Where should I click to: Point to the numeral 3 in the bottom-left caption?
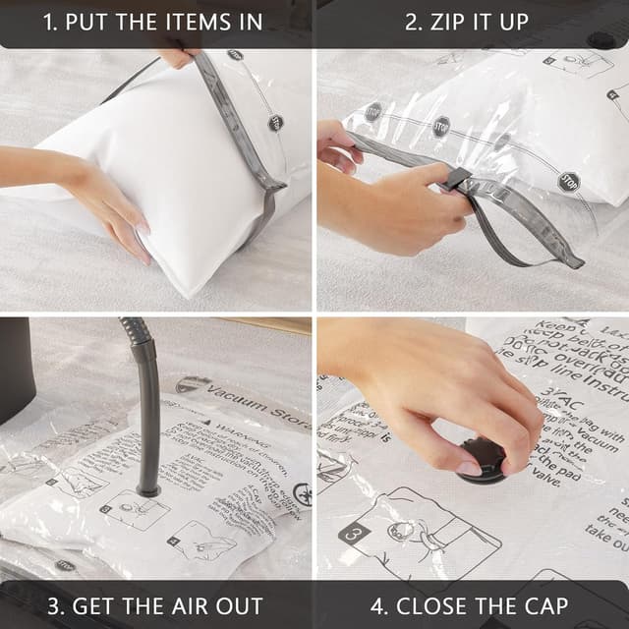56,605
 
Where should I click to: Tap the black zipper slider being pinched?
455,179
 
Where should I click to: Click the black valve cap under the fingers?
483,460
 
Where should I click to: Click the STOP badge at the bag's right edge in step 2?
568,181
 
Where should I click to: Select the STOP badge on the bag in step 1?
275,123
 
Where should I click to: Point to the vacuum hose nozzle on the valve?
148,485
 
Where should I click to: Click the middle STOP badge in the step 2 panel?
441,126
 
